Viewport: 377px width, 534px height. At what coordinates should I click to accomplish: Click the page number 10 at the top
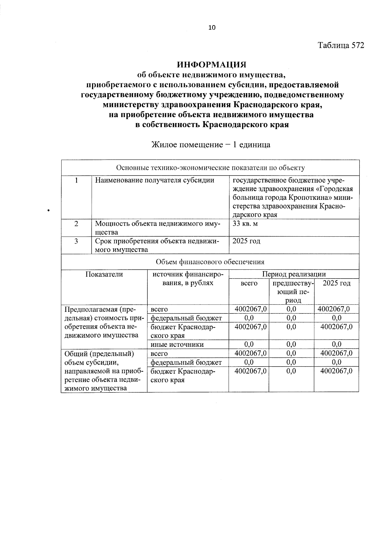212,28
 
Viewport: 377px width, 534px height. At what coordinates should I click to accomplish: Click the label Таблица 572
341,45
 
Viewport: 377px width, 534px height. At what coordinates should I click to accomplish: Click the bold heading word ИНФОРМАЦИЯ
211,65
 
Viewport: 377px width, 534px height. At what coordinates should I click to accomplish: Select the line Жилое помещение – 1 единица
211,145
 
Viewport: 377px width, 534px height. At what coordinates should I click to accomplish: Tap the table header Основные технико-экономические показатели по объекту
210,168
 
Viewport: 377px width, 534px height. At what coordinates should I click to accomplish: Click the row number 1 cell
76,180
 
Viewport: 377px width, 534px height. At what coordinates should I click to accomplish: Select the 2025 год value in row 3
247,241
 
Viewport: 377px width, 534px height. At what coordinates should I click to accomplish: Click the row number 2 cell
76,224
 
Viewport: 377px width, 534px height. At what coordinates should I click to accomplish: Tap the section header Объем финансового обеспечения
210,262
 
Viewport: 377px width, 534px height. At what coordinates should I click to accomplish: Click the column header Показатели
104,274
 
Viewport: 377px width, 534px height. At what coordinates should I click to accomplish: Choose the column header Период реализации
294,274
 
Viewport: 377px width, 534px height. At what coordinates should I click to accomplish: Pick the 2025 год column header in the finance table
336,283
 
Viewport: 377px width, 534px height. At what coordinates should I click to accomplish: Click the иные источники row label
177,345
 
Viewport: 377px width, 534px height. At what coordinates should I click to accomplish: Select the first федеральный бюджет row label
186,318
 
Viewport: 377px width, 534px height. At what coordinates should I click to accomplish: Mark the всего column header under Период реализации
249,283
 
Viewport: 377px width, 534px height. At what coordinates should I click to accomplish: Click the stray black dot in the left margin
48,210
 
